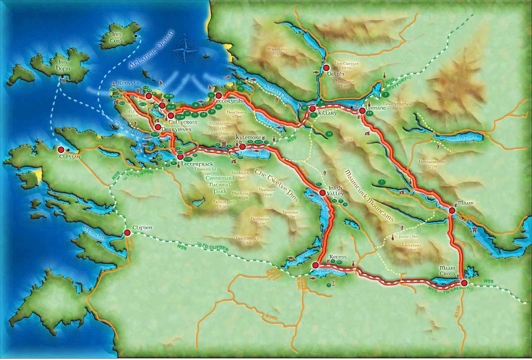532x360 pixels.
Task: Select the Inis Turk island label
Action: click(117, 38)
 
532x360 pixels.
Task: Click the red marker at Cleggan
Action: click(61, 150)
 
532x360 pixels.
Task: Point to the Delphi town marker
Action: click(326, 68)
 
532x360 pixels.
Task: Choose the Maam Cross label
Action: click(447, 271)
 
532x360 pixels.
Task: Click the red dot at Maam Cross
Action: click(464, 283)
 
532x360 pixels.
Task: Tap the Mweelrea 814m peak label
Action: click(277, 51)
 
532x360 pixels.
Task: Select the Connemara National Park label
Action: click(220, 184)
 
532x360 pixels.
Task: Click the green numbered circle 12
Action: click(329, 134)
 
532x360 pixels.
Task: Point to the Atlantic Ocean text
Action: click(152, 50)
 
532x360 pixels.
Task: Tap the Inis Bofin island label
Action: click(63, 65)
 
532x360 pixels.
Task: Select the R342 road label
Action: click(272, 317)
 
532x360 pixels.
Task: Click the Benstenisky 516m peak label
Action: click(247, 240)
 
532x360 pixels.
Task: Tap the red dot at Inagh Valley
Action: click(322, 192)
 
